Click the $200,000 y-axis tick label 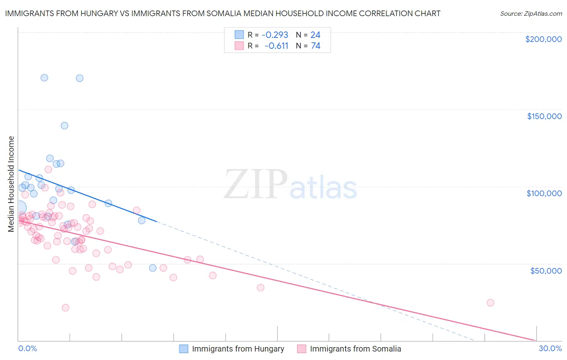[543, 39]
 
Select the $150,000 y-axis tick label [544, 116]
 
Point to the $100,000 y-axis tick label [544, 193]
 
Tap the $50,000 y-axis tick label [546, 270]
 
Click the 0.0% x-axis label [27, 348]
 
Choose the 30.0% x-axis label [550, 348]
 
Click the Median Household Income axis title [11, 184]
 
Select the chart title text [223, 13]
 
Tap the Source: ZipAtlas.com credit [531, 13]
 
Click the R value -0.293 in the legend [275, 35]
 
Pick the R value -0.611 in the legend [276, 46]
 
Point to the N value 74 [315, 46]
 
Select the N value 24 [315, 35]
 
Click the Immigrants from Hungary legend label [238, 349]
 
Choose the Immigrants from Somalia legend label [355, 349]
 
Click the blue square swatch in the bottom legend [184, 349]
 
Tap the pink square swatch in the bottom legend [302, 349]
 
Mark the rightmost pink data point [490, 303]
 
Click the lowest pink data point [65, 308]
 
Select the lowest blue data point [152, 268]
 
